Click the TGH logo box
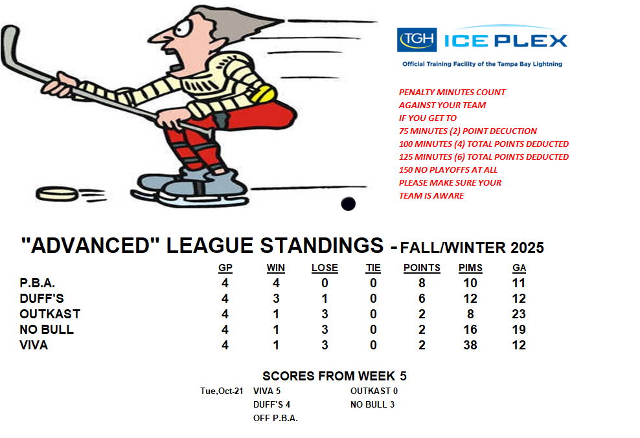(x=417, y=39)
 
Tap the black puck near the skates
(x=348, y=204)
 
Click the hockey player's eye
(x=181, y=28)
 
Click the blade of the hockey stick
(x=10, y=45)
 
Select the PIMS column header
(x=470, y=268)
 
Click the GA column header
(x=519, y=268)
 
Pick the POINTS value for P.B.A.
(x=422, y=283)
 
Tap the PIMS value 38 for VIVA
(x=470, y=345)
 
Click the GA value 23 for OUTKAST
(x=519, y=314)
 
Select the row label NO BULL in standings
(x=47, y=329)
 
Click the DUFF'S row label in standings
(x=41, y=298)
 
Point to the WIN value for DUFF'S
(x=276, y=298)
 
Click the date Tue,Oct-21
(x=222, y=391)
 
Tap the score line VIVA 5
(x=267, y=391)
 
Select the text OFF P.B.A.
(x=275, y=419)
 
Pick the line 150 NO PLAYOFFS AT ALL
(x=448, y=170)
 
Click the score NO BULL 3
(x=372, y=404)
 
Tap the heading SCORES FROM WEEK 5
(x=334, y=376)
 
